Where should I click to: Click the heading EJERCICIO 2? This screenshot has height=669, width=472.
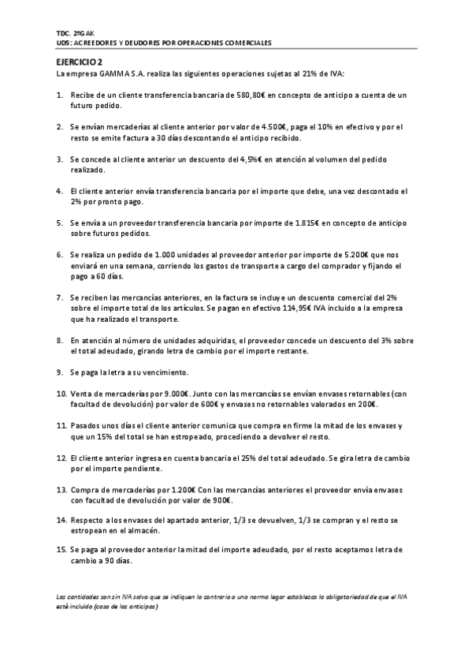[80, 62]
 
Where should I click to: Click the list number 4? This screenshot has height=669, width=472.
[61, 191]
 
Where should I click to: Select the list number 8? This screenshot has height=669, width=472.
[61, 340]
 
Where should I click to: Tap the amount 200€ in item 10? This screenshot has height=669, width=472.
[366, 404]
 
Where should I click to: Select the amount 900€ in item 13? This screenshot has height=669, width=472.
[221, 500]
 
